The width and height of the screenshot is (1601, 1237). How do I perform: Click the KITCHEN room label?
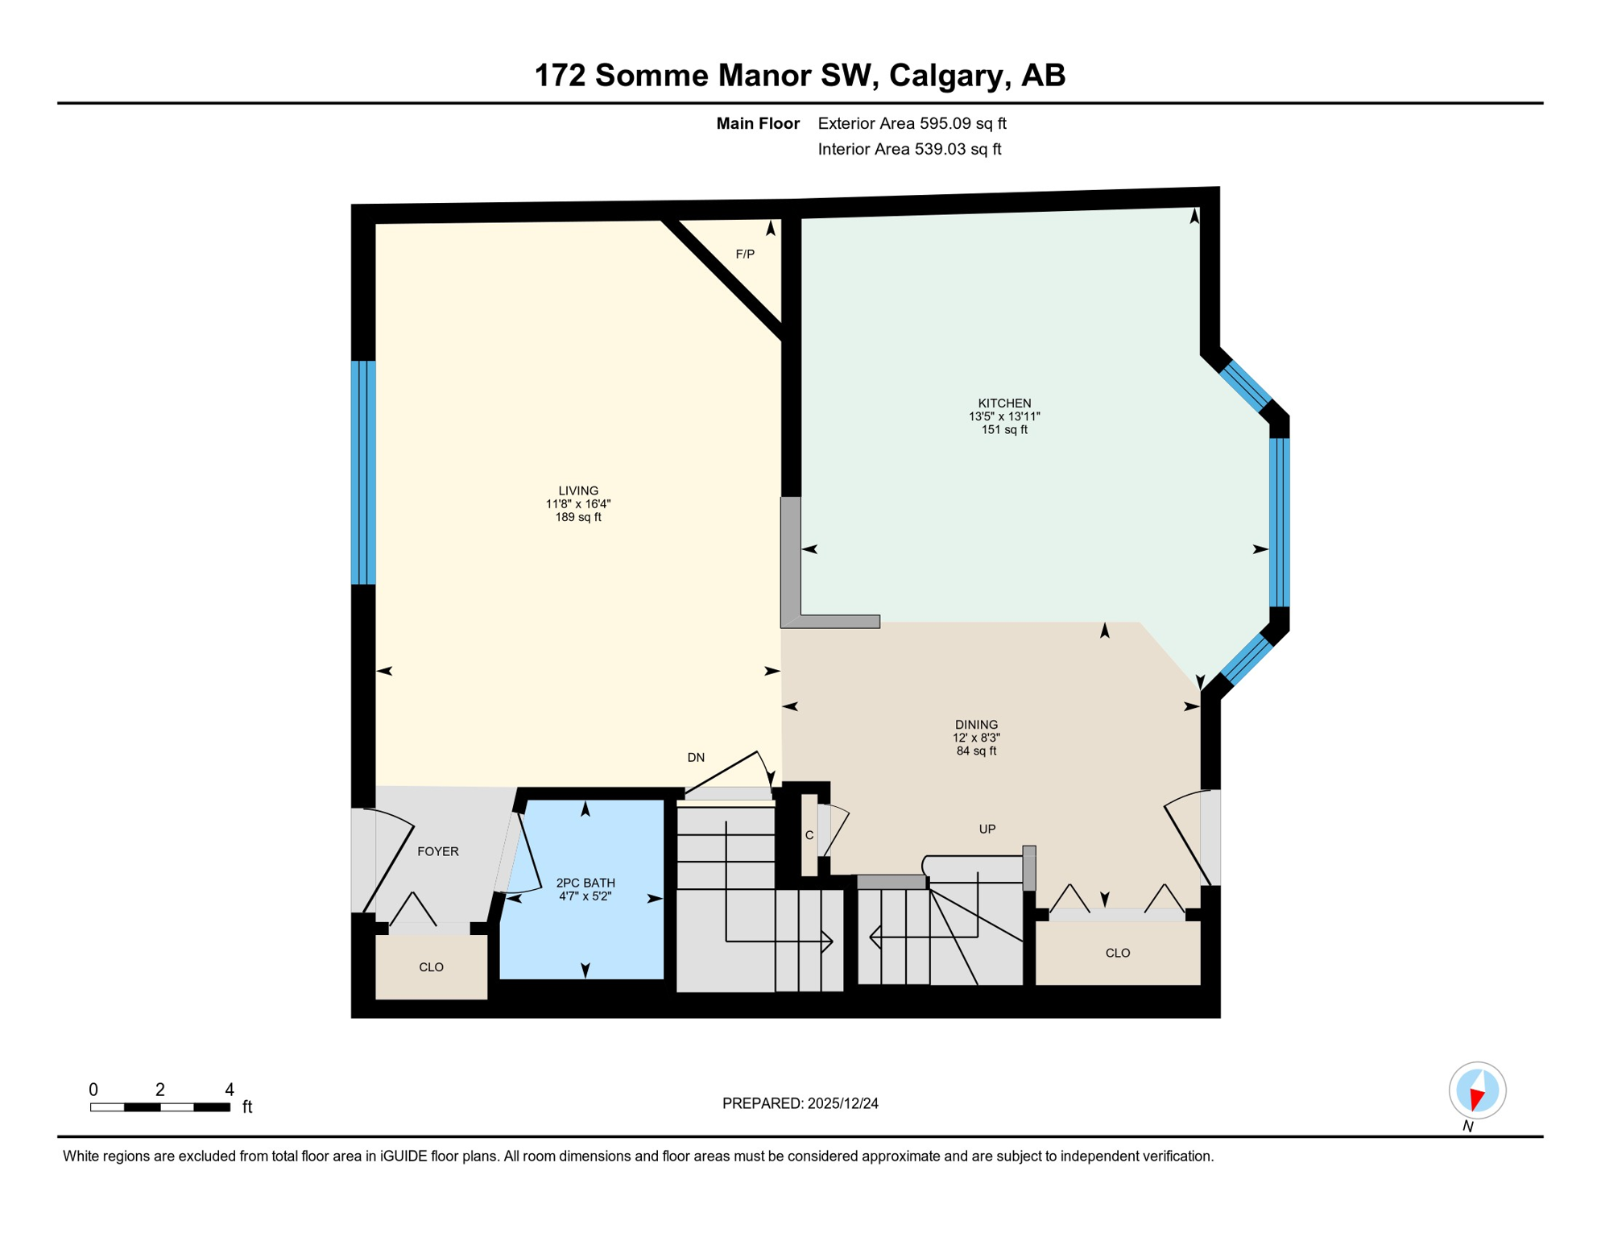(x=1004, y=403)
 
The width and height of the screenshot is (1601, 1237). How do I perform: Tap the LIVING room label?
(x=578, y=490)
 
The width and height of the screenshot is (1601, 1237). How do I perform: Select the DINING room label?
(x=976, y=725)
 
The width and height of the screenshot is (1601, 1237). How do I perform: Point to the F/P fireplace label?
(x=745, y=254)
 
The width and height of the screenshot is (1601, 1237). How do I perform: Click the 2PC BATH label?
(x=585, y=883)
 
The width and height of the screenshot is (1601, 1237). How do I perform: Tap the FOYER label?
(x=438, y=851)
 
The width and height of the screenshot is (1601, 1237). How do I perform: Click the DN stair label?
(x=696, y=758)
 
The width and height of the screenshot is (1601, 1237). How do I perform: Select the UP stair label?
(x=987, y=829)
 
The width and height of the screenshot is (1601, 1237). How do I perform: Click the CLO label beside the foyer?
(x=432, y=967)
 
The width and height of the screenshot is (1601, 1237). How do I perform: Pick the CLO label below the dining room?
(x=1118, y=954)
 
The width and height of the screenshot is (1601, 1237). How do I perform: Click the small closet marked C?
(x=809, y=836)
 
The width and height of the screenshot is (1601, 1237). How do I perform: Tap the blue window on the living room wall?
(x=363, y=473)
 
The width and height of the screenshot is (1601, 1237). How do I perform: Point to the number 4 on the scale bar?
(x=230, y=1090)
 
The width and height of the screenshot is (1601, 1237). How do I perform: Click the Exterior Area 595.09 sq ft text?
(x=912, y=123)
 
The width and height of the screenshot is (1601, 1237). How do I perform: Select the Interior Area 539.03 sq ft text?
(x=909, y=149)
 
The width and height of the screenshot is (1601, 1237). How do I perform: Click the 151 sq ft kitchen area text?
(x=1004, y=430)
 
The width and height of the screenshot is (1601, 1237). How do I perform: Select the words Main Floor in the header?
(x=758, y=123)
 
